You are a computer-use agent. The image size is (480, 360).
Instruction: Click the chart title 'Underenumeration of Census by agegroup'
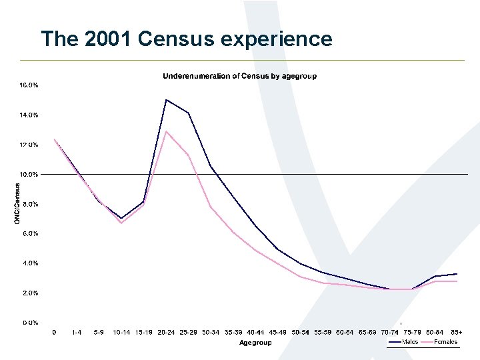tap(240, 76)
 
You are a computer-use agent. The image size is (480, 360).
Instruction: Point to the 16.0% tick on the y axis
tap(28, 85)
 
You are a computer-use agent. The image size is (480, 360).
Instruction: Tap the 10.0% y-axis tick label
tap(28, 174)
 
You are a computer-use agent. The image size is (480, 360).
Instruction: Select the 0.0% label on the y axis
tap(28, 323)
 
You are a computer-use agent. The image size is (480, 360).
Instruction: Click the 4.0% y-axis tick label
tap(28, 263)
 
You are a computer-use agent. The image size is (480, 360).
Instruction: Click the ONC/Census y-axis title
tap(17, 203)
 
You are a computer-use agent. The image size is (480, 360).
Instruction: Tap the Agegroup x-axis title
tap(255, 343)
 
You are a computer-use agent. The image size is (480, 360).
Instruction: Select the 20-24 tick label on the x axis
tap(166, 331)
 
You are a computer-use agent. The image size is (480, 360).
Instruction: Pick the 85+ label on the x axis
tap(457, 331)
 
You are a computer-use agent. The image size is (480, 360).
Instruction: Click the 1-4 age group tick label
tap(77, 331)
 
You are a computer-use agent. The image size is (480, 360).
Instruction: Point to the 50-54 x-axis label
tap(300, 331)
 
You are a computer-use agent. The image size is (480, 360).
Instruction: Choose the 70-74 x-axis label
tap(390, 331)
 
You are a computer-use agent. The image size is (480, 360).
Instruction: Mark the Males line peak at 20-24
tap(166, 100)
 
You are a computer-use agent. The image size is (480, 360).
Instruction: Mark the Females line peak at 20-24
tap(166, 131)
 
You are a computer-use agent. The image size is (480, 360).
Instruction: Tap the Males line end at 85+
tap(457, 274)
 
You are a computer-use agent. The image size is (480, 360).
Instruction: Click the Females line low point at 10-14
tap(121, 223)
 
